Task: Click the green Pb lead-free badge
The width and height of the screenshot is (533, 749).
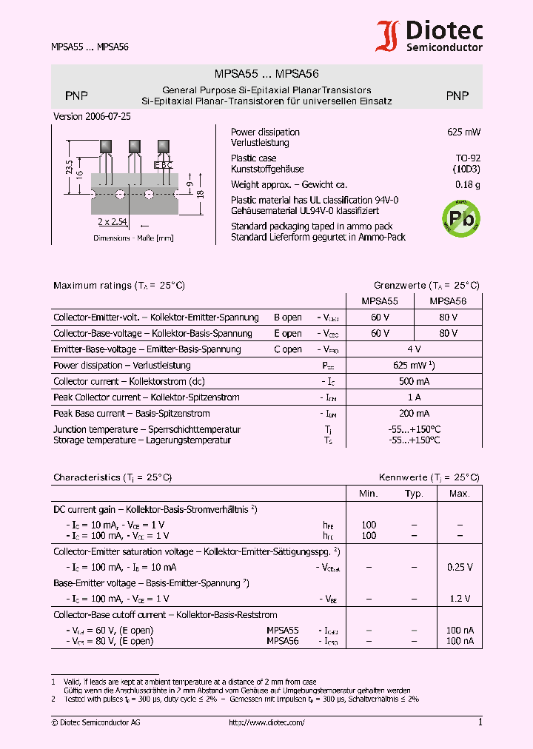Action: tap(461, 218)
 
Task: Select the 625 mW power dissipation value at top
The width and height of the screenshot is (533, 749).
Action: tap(464, 132)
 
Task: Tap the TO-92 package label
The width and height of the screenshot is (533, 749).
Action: tap(468, 158)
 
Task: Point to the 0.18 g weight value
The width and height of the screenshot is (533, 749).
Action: tap(468, 184)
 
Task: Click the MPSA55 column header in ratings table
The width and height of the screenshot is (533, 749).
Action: tap(380, 301)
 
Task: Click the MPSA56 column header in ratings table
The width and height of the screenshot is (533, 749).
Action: tap(448, 301)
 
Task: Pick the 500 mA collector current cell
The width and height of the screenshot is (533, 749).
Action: tap(415, 381)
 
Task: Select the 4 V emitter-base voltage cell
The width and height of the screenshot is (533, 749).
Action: tap(415, 349)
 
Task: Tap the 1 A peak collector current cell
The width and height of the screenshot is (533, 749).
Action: tap(415, 397)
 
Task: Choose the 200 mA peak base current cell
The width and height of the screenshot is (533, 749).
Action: tap(415, 413)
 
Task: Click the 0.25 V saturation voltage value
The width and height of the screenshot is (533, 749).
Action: tap(459, 567)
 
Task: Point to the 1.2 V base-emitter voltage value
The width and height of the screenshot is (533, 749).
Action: tap(459, 598)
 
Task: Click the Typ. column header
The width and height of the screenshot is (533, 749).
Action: tap(414, 494)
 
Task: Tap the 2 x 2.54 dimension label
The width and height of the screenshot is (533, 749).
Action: tap(113, 221)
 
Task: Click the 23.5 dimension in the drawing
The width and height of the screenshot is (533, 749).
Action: tap(70, 167)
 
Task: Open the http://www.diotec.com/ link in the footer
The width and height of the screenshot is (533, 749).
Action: tap(266, 722)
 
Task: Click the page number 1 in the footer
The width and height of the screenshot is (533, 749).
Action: tap(480, 722)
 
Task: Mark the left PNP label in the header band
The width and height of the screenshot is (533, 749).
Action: tap(76, 95)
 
